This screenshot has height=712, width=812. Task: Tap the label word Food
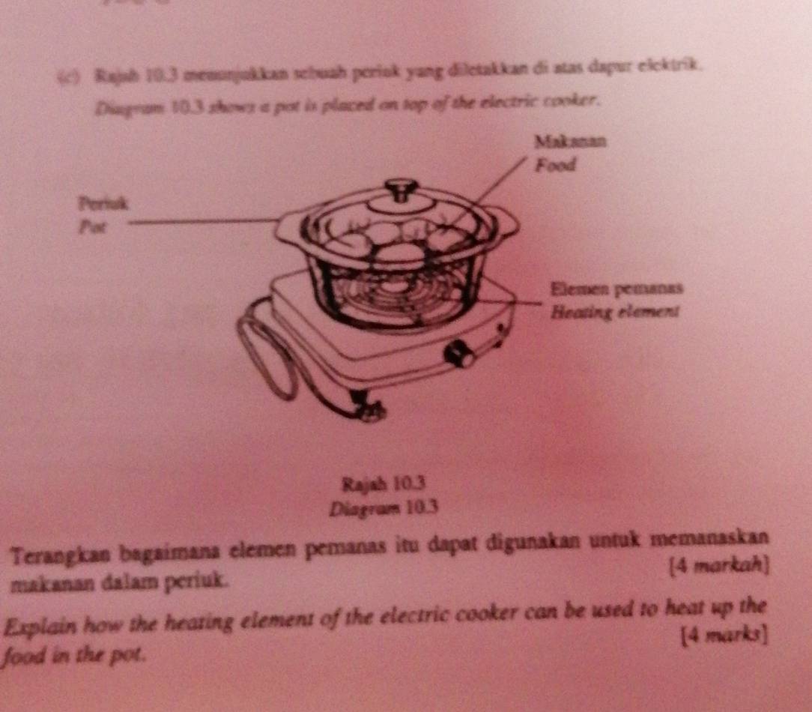click(x=554, y=166)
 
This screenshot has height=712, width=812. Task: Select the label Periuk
click(x=103, y=202)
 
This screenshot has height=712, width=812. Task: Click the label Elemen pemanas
click(x=616, y=289)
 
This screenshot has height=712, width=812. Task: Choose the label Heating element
click(x=614, y=313)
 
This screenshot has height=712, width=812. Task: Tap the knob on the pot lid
click(x=401, y=187)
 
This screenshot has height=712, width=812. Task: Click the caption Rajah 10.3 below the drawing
click(x=383, y=482)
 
